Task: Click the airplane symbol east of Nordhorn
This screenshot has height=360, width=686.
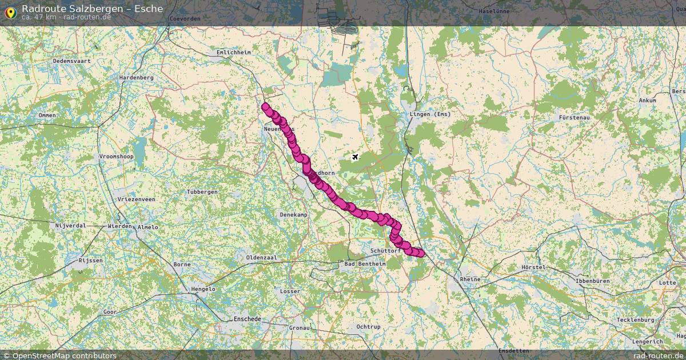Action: pos(355,157)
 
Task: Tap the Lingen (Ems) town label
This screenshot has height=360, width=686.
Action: pos(430,114)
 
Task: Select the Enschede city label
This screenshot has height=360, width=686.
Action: pos(247,319)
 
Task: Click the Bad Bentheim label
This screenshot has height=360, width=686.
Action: pos(365,264)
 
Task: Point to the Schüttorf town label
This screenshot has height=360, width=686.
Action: pos(385,251)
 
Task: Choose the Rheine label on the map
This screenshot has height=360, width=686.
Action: pos(470,279)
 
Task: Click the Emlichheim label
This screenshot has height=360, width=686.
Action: pos(233,52)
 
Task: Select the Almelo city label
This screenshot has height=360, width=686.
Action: pos(148,227)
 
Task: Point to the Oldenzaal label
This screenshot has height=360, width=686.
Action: pos(261,258)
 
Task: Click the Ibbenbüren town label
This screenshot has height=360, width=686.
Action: pos(593,281)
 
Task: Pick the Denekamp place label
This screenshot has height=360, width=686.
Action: pos(293,214)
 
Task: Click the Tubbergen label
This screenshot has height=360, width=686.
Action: pos(202,192)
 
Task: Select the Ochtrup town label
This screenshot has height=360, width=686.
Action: pos(368,326)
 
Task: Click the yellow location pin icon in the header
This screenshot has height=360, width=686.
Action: pos(10,11)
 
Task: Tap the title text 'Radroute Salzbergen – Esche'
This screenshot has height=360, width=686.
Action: pos(92,9)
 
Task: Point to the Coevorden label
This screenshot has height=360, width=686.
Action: pos(185,18)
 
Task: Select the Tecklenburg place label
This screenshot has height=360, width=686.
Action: pos(635,319)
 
